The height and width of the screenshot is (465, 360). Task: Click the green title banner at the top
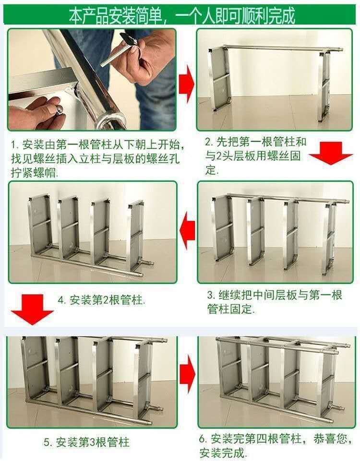point(180,14)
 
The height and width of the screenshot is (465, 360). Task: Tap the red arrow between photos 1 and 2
point(186,83)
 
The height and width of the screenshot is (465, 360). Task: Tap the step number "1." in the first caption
point(14,144)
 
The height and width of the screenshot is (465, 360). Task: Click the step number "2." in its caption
point(209,143)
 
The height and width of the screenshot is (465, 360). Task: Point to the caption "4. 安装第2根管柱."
point(101,300)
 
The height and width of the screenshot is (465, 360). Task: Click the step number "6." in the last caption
point(204,439)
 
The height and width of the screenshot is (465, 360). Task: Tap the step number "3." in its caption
point(211,295)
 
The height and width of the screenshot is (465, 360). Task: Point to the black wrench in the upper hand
point(129,39)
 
